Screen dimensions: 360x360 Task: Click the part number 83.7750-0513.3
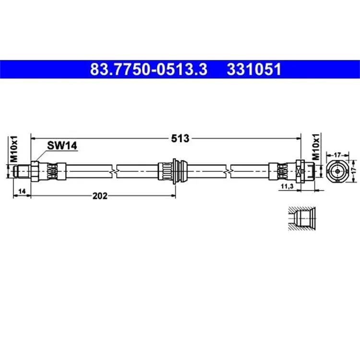(x=149, y=69)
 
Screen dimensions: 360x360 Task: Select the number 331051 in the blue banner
(x=254, y=69)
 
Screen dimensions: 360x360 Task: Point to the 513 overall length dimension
(x=180, y=138)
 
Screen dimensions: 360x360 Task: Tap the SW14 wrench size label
(x=62, y=145)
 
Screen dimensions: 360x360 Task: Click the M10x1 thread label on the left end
(x=14, y=149)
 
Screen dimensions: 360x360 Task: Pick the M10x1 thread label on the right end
(x=316, y=147)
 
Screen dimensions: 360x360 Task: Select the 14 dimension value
(x=22, y=191)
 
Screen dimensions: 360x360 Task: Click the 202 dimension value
(x=100, y=196)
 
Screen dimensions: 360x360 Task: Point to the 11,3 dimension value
(x=287, y=186)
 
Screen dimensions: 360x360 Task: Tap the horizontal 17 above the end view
(x=337, y=155)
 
